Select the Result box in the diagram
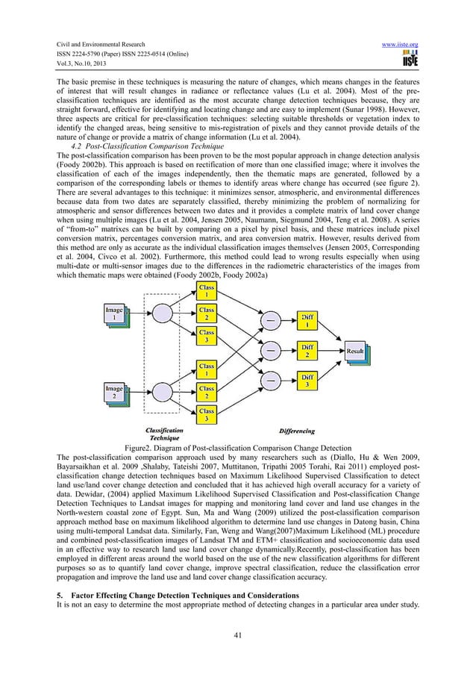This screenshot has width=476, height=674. [355, 350]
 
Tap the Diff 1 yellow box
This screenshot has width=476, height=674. [306, 320]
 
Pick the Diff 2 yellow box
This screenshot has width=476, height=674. [306, 350]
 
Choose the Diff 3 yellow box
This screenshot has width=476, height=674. [306, 381]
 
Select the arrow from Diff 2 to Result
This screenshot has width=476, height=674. [331, 350]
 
